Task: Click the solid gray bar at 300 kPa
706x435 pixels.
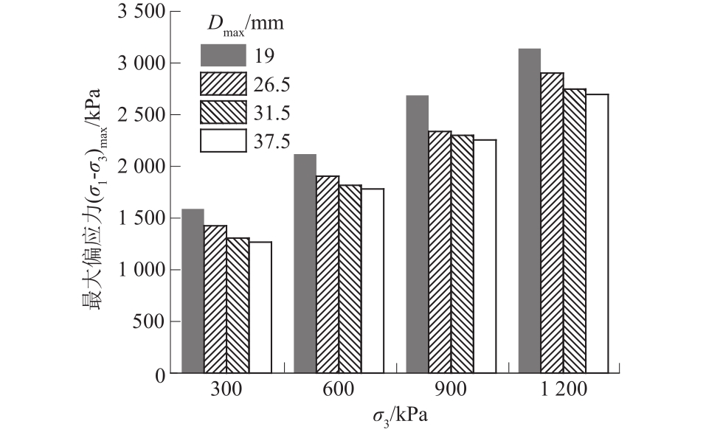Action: tap(193, 291)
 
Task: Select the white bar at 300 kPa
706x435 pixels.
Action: tap(260, 307)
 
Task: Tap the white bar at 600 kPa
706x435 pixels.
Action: tap(373, 280)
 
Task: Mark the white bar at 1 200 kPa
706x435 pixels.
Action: tap(597, 233)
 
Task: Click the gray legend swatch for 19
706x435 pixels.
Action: tap(224, 55)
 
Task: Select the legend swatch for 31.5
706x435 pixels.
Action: tap(224, 113)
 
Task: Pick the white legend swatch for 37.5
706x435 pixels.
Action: tap(224, 141)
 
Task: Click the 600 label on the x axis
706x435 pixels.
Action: tap(339, 389)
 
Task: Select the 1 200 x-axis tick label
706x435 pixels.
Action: tap(562, 389)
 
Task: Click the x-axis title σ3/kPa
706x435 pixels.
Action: tap(400, 416)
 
